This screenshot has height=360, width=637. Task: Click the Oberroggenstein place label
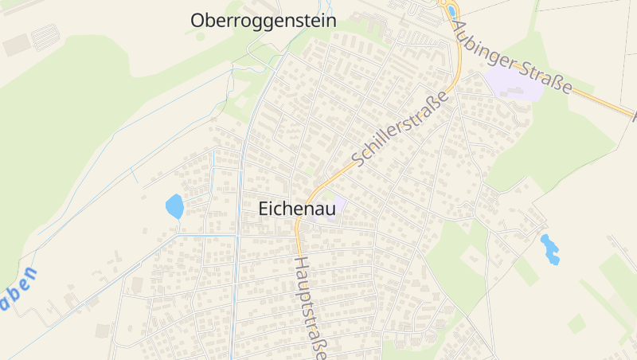pos(263,21)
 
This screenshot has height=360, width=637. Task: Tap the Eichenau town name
pos(296,209)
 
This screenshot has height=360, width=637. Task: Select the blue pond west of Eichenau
pos(174,206)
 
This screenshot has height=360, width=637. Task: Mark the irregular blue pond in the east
pos(549,248)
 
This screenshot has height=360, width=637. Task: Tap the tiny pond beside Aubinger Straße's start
pos(451,11)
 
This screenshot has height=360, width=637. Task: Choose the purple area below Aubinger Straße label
pos(514,83)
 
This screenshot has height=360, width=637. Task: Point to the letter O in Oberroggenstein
pos(199,21)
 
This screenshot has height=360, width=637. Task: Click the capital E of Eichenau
pos(264,209)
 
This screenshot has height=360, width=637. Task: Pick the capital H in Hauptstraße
pos(301,263)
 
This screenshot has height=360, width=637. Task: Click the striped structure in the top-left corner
pos(45,37)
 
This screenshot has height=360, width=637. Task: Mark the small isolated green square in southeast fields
pos(576,323)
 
